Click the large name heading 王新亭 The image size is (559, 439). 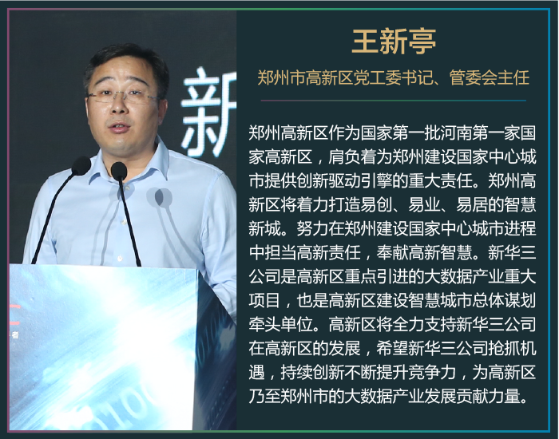point(394,42)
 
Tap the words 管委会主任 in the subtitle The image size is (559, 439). point(489,77)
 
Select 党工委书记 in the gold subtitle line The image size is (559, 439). point(393,77)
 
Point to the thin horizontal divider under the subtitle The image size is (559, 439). point(394,101)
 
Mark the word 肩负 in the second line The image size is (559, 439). point(344,156)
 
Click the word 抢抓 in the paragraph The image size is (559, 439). point(505,348)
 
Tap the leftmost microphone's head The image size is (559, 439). point(81,166)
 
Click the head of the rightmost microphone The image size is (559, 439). point(119,172)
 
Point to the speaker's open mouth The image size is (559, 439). point(119,127)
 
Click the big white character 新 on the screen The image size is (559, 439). point(209,113)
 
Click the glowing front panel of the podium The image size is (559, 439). point(103,346)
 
